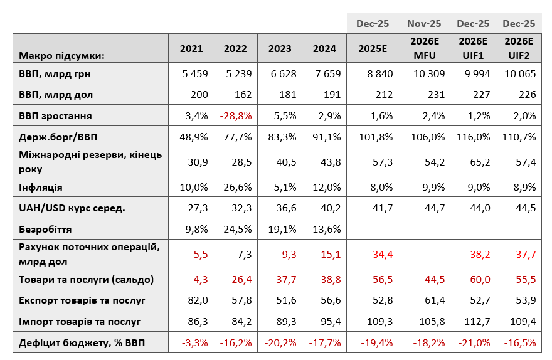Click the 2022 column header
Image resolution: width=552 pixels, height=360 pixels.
tap(235, 48)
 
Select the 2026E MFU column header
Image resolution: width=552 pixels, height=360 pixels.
tap(425, 48)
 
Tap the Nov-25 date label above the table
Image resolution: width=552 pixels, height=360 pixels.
tap(424, 24)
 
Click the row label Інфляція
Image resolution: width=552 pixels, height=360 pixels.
tap(41, 188)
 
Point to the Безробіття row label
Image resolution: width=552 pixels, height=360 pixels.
tap(45, 230)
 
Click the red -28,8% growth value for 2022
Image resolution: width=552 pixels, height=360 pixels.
tap(236, 116)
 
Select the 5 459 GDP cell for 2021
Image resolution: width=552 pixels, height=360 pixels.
tap(195, 74)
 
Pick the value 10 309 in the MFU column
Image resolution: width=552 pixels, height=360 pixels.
tap(429, 74)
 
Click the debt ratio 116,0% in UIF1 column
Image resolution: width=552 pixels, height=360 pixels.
tap(473, 137)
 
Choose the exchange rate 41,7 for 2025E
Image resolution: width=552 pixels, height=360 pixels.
tap(383, 208)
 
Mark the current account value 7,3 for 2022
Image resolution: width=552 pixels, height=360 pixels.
tap(245, 254)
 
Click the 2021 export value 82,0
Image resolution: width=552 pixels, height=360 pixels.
tap(198, 300)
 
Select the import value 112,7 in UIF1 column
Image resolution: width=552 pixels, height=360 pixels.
tap(476, 321)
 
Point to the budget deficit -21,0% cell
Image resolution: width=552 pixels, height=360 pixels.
tap(474, 343)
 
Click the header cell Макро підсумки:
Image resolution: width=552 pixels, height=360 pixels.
tap(61, 56)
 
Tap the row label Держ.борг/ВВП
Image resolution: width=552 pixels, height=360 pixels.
tap(58, 137)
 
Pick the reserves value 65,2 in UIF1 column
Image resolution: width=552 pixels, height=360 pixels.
tap(480, 162)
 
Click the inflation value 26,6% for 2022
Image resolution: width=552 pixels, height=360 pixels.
tap(238, 188)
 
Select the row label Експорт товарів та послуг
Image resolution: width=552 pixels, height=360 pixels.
tap(82, 300)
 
